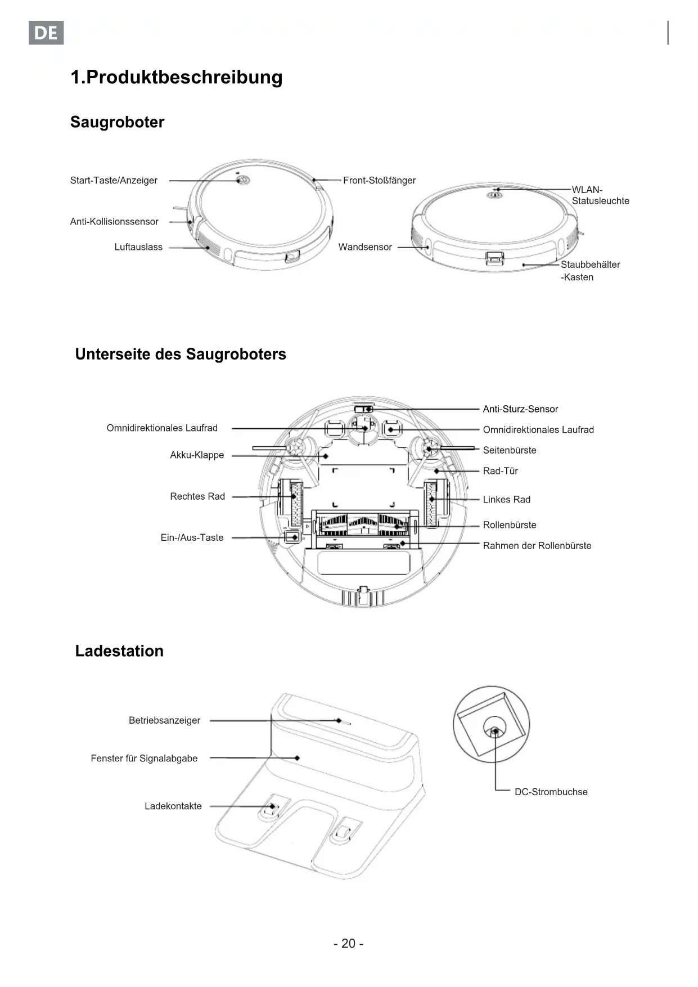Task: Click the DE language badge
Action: [x=46, y=33]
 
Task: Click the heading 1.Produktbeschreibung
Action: [x=176, y=77]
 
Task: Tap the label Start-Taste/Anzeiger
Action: [x=114, y=181]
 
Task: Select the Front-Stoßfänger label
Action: [x=379, y=181]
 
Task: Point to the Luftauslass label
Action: [x=138, y=247]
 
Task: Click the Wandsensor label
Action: [x=365, y=247]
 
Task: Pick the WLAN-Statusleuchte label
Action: [x=600, y=195]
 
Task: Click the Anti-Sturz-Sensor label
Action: [x=520, y=409]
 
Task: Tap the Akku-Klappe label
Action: [x=197, y=455]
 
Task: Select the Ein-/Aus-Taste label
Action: [x=192, y=537]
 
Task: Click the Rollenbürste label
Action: [x=510, y=525]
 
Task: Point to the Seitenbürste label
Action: [x=510, y=450]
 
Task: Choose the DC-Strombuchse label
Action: [x=551, y=792]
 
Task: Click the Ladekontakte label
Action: [x=173, y=806]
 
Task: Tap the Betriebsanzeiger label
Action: [x=164, y=720]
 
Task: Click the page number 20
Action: [x=348, y=943]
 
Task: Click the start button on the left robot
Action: [x=243, y=181]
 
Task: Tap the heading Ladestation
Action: [x=119, y=651]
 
